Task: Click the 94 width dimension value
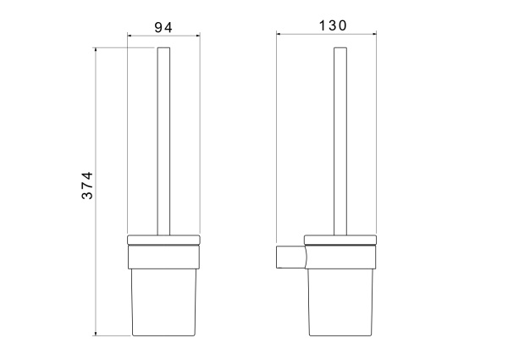[x=163, y=28]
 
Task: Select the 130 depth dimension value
[x=333, y=25]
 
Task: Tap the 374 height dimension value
[x=87, y=186]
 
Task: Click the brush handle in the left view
[x=163, y=141]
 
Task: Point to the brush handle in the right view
[x=340, y=141]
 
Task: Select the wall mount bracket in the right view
[x=291, y=257]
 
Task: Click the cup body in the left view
[x=164, y=302]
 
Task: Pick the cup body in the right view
[x=340, y=302]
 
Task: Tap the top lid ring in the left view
[x=163, y=240]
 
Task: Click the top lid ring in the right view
[x=340, y=240]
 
